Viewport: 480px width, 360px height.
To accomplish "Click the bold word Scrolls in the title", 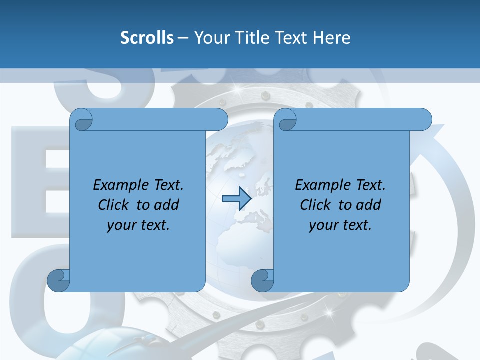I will pos(147,38).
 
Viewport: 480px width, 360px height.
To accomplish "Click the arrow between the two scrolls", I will pos(236,198).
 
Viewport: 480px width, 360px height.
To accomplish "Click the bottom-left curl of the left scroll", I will pos(58,280).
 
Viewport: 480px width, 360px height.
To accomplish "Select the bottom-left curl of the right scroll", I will pos(262,280).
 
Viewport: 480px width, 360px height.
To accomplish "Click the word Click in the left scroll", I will pos(114,205).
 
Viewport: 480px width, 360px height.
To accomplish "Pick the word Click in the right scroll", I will pos(316,205).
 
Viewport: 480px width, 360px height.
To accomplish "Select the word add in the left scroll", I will pos(167,205).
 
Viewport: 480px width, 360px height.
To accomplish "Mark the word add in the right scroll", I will pos(369,205).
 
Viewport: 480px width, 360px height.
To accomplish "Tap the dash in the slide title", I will pos(183,38).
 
